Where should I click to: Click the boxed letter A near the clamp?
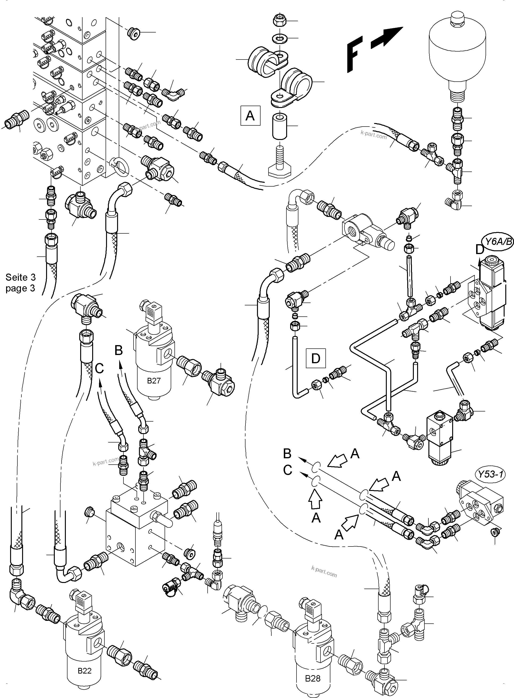click(x=250, y=116)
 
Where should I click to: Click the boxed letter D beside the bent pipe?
click(x=316, y=358)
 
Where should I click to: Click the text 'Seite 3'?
click(x=20, y=277)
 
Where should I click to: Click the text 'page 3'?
click(x=20, y=288)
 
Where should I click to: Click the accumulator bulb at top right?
click(x=457, y=47)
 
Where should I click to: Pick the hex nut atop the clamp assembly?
click(x=278, y=21)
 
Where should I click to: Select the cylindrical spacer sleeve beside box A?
click(x=279, y=126)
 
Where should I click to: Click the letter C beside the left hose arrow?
click(x=99, y=368)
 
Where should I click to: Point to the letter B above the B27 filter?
click(x=119, y=350)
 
